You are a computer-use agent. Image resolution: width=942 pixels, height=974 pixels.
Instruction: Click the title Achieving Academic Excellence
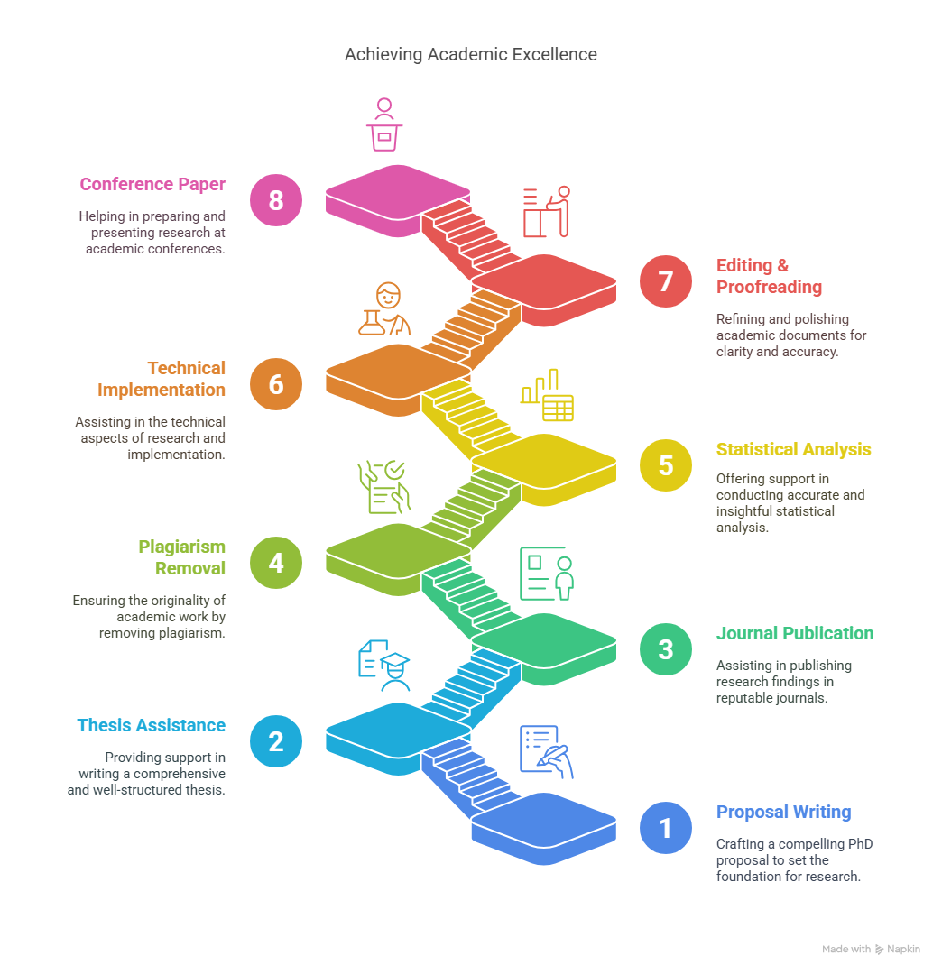tap(470, 55)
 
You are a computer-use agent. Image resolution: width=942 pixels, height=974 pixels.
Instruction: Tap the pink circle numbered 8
tap(276, 200)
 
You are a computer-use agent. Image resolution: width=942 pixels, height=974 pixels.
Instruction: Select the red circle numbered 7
tap(666, 281)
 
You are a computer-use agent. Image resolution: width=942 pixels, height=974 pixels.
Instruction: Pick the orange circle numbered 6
tap(276, 384)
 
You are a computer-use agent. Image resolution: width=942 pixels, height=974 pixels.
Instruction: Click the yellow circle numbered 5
tap(666, 465)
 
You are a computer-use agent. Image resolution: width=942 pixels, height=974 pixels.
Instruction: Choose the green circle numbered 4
tap(276, 563)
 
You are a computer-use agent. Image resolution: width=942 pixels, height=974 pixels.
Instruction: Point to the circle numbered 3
tap(666, 649)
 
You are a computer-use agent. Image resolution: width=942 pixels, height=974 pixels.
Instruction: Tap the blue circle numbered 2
tap(276, 741)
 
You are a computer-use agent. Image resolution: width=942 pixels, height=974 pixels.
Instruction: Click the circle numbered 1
tap(666, 828)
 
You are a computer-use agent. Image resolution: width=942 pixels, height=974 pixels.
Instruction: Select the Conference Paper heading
tap(152, 185)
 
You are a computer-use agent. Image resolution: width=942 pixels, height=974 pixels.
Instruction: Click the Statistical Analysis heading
tap(793, 449)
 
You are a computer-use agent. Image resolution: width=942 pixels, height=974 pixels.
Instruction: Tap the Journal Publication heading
tap(795, 633)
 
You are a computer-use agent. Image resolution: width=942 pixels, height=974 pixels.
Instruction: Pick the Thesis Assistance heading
tap(151, 725)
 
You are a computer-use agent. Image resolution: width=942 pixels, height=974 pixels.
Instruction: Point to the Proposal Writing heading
tap(783, 812)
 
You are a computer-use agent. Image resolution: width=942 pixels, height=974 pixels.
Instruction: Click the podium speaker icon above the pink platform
tap(384, 124)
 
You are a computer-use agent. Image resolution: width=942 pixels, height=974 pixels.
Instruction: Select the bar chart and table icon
tap(547, 395)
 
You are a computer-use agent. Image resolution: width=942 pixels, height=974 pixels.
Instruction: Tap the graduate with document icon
tap(384, 666)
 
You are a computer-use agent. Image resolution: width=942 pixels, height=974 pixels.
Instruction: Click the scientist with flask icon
tap(384, 309)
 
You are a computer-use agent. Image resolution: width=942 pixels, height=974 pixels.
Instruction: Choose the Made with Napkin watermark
tap(871, 949)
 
